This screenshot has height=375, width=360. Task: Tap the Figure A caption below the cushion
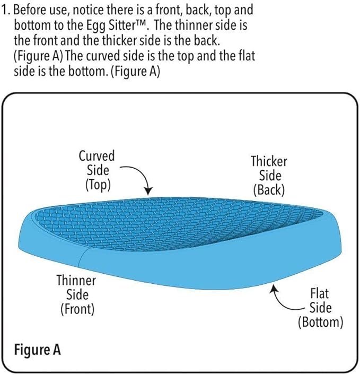(38, 350)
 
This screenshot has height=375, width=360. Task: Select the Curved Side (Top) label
(97, 170)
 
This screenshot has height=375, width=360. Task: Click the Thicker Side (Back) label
(269, 176)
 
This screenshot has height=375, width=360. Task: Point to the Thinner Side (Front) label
(76, 295)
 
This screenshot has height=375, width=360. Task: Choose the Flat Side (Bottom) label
(320, 308)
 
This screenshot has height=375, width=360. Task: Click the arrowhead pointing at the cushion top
(148, 191)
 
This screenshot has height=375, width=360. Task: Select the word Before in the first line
(29, 10)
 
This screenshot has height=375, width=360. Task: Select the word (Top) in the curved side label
(98, 185)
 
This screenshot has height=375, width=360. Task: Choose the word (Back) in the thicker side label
(269, 190)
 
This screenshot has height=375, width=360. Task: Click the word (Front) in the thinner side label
(77, 309)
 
